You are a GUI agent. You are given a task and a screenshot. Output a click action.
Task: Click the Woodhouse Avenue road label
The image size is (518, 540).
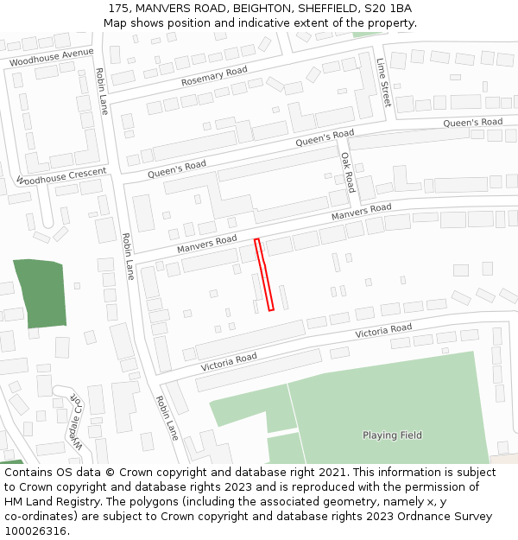[x=51, y=58]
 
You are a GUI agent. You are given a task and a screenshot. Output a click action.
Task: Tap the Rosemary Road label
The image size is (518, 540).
[x=214, y=76]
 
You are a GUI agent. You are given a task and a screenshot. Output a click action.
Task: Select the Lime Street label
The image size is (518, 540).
[x=383, y=83]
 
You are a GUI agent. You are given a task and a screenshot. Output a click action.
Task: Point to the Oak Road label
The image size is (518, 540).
[x=347, y=173]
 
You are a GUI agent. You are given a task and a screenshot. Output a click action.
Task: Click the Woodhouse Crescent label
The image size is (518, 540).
[x=61, y=177]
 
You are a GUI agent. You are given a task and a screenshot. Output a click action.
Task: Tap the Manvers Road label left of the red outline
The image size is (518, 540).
[x=207, y=245]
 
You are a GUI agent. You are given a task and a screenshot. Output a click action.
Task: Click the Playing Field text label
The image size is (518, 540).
[x=392, y=435]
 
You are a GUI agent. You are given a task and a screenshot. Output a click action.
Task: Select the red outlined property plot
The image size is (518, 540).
[x=264, y=275]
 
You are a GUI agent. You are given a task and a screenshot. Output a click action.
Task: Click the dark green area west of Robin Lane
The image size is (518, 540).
[x=40, y=293]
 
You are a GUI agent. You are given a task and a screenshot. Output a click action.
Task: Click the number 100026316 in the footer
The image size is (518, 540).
[x=35, y=530]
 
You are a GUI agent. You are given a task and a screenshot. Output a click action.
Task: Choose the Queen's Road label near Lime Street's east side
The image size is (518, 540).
[x=472, y=123]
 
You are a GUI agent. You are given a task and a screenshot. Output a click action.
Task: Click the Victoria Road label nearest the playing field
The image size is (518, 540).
[x=383, y=330]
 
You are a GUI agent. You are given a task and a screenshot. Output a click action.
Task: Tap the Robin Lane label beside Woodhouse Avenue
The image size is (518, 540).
[x=102, y=92]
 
